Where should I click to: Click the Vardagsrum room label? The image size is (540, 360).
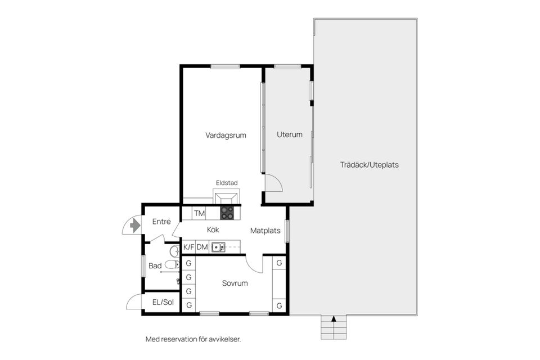pyautogui.click(x=226, y=136)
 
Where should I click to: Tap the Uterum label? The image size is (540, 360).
pyautogui.click(x=290, y=134)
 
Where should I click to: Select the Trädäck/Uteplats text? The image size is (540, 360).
pyautogui.click(x=369, y=165)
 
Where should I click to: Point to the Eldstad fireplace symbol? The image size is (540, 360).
pyautogui.click(x=227, y=196)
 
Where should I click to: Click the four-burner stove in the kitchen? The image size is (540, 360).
pyautogui.click(x=227, y=213)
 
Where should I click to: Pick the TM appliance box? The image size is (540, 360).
pyautogui.click(x=199, y=213)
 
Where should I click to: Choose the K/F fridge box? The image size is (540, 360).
pyautogui.click(x=189, y=247)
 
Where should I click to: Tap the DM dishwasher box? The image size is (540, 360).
pyautogui.click(x=202, y=247)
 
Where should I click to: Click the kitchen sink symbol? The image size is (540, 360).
pyautogui.click(x=218, y=247)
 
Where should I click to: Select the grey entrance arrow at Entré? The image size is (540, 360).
pyautogui.click(x=135, y=226)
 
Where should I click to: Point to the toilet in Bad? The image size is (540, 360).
pyautogui.click(x=172, y=264)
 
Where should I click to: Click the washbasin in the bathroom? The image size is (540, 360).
pyautogui.click(x=175, y=250)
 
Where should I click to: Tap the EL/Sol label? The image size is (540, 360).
pyautogui.click(x=163, y=303)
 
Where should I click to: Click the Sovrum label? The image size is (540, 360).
pyautogui.click(x=235, y=283)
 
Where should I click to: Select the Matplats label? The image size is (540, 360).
pyautogui.click(x=265, y=231)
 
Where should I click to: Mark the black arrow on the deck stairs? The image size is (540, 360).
pyautogui.click(x=334, y=319)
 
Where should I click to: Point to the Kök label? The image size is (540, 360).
pyautogui.click(x=213, y=229)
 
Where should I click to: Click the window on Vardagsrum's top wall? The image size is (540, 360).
pyautogui.click(x=225, y=66)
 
